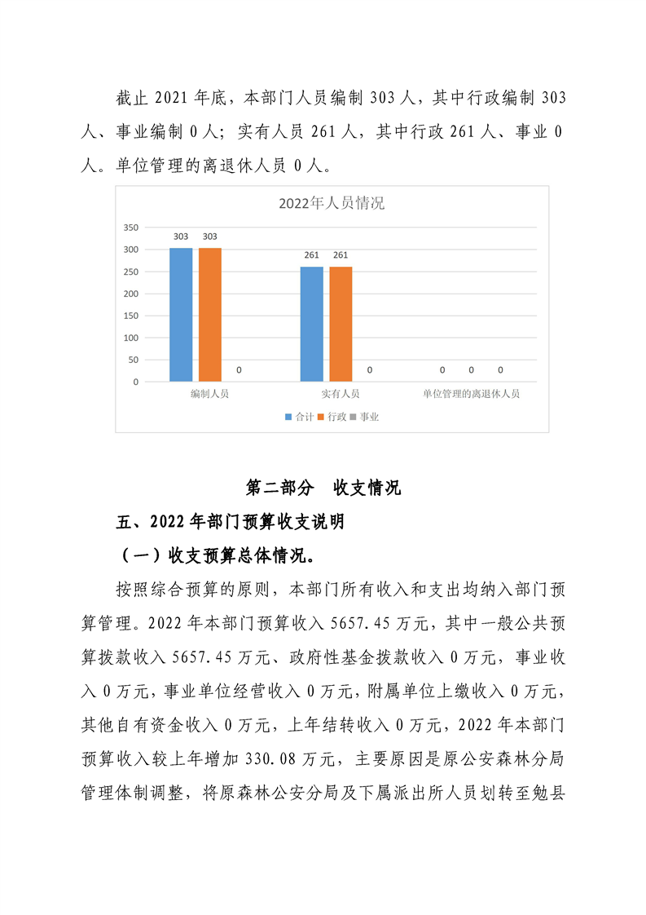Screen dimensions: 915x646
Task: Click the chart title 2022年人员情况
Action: tap(331, 204)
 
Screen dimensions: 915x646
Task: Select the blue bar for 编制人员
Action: tap(181, 314)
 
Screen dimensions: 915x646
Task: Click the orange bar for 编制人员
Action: tap(209, 314)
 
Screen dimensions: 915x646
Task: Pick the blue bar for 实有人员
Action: tap(311, 324)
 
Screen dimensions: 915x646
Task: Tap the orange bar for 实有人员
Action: tap(341, 324)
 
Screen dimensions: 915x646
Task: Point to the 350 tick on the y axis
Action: tap(131, 228)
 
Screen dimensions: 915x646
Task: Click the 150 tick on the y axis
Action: tap(131, 316)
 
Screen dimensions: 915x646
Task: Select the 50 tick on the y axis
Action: tap(133, 360)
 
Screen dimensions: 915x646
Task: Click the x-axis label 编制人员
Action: tap(209, 394)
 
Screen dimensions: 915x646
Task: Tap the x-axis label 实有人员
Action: tap(341, 394)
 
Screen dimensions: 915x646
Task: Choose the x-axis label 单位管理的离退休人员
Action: tap(471, 394)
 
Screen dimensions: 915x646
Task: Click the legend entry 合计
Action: tap(300, 417)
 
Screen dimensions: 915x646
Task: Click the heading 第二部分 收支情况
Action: tap(323, 488)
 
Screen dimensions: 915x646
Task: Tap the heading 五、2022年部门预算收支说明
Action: tap(231, 523)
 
